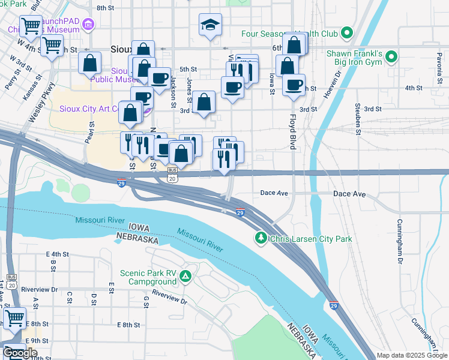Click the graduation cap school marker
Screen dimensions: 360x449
click(210, 25)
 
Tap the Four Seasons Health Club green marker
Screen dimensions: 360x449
click(346, 32)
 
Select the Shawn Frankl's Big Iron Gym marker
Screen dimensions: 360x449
click(391, 58)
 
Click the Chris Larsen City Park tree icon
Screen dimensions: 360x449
click(261, 238)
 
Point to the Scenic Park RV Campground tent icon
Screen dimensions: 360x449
click(186, 276)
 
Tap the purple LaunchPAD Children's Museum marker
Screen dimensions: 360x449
click(89, 24)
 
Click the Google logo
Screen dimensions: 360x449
click(20, 352)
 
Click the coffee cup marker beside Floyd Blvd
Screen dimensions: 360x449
click(294, 85)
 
